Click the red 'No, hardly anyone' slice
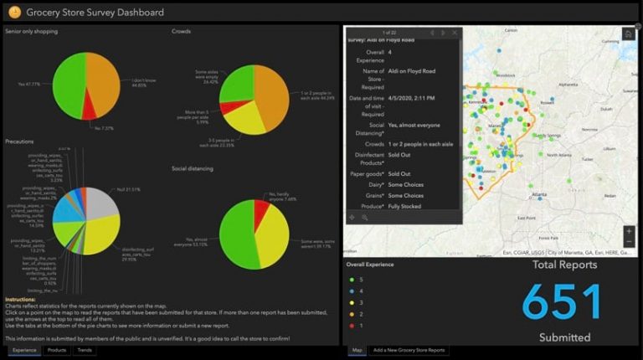(260, 203)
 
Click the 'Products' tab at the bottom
(57, 350)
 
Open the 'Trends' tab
(85, 350)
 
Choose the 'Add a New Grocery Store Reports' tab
(409, 350)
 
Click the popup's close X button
(455, 33)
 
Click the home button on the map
(628, 34)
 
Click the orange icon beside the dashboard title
(14, 13)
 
